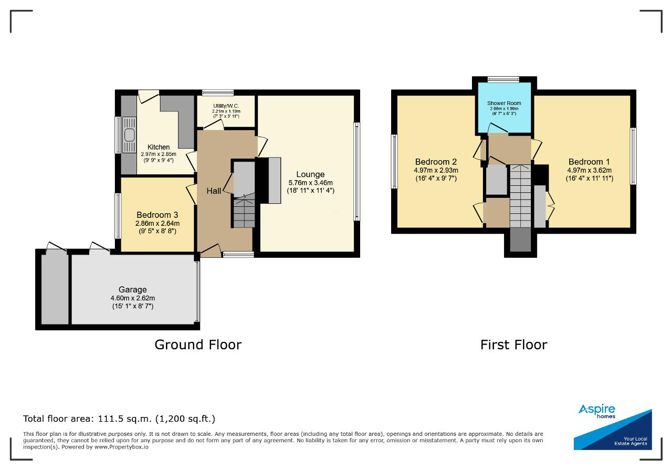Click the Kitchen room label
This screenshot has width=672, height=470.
159,147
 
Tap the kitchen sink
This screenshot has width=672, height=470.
129,135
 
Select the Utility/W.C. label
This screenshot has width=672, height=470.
226,106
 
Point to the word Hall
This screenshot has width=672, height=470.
214,191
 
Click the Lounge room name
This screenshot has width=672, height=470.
310,174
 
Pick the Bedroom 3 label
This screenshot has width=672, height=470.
157,215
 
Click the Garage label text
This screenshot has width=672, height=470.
133,290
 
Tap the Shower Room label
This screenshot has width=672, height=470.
504,103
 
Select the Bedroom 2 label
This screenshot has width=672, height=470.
436,162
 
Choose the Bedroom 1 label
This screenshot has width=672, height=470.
589,162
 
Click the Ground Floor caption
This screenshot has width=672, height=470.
198,345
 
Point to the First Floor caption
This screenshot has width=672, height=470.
514,345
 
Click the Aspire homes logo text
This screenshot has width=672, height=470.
597,411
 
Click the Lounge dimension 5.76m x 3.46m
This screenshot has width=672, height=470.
310,183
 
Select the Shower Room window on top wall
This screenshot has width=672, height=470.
503,79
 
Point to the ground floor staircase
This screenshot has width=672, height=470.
244,212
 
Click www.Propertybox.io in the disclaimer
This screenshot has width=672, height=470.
121,447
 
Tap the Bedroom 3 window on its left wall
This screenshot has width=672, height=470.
118,216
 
